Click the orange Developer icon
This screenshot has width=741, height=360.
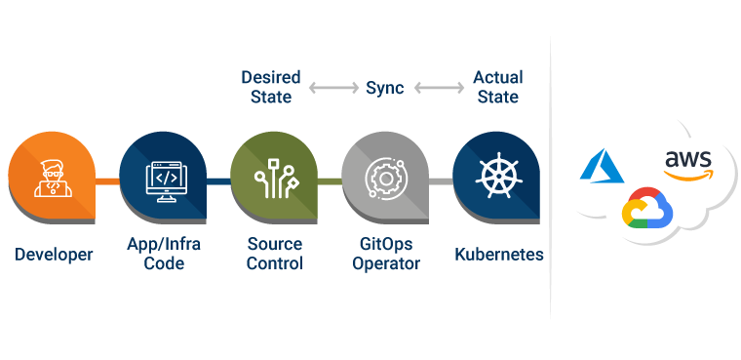point(53,180)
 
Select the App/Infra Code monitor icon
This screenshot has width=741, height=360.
point(163,180)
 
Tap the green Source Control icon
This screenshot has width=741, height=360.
point(274,180)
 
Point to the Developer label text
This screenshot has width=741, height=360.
point(54,255)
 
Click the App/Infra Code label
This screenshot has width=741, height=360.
point(164,254)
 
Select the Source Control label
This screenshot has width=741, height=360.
point(274,254)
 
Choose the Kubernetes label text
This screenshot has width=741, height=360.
point(498,255)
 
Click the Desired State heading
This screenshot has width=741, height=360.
point(271,87)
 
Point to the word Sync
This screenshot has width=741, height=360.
point(384,88)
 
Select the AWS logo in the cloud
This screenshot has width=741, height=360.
point(687,163)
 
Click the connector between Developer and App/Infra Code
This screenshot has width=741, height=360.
point(107,180)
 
